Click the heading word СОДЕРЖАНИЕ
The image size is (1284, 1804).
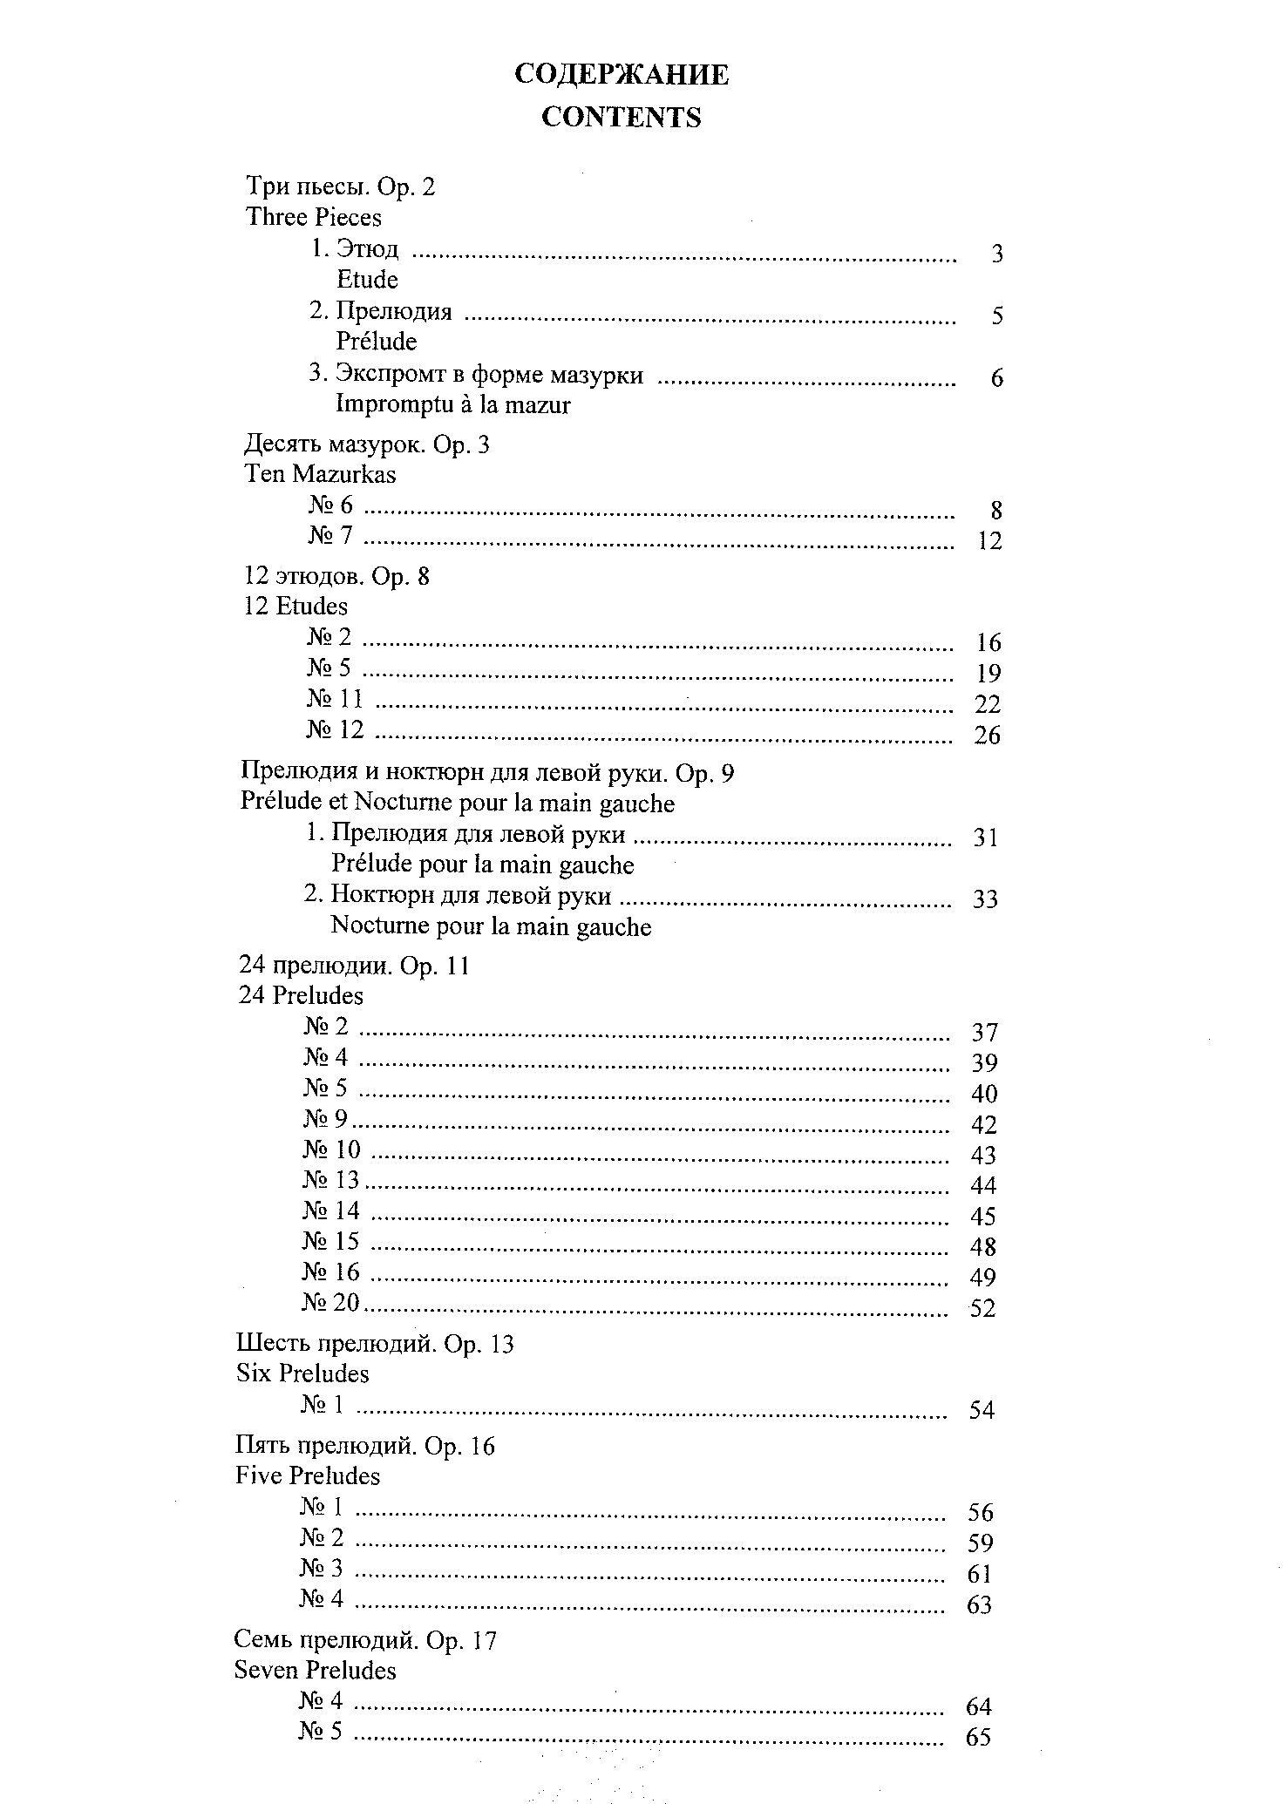coord(621,75)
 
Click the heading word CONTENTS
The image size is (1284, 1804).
coord(621,118)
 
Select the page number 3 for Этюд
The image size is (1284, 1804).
coord(997,254)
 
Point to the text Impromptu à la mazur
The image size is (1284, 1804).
coord(453,405)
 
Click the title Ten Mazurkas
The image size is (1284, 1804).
coord(320,475)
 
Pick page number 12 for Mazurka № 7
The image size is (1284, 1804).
coord(989,541)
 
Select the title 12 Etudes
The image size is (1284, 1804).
coord(296,607)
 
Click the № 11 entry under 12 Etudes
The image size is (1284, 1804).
coord(335,699)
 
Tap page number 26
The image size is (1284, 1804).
coord(987,736)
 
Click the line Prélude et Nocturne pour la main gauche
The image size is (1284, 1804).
coord(458,804)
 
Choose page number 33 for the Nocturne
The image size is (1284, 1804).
coord(985,899)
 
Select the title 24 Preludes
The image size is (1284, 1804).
coord(301,995)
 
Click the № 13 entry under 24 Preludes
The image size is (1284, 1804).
coord(331,1180)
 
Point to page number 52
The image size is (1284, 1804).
coord(982,1308)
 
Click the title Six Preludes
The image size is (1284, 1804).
coord(302,1374)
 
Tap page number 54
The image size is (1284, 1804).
coord(982,1410)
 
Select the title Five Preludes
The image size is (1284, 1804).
coord(308,1476)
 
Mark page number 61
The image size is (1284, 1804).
coord(980,1574)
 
